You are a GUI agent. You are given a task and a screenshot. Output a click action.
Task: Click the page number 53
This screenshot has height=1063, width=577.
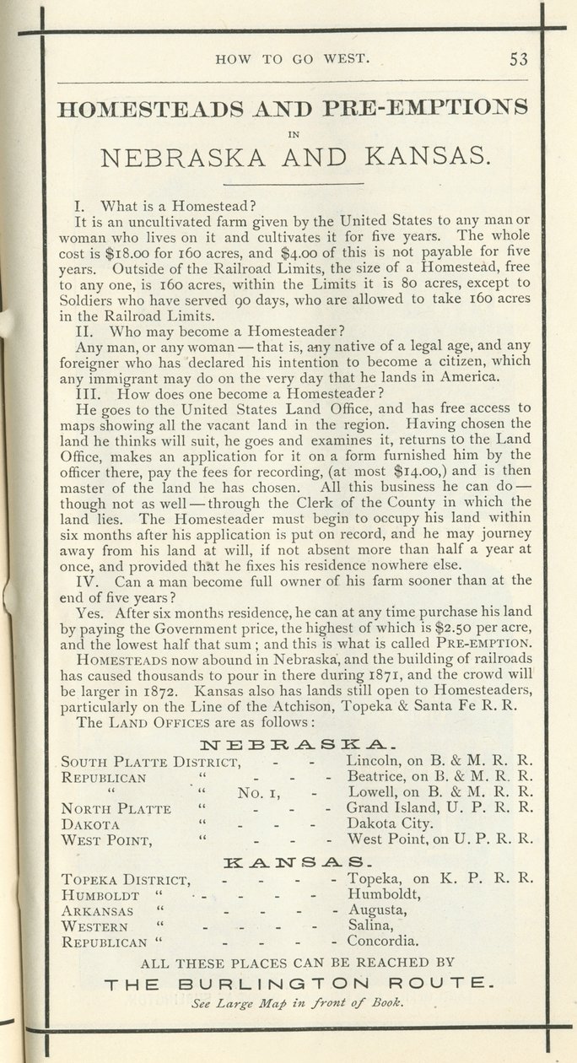pos(518,59)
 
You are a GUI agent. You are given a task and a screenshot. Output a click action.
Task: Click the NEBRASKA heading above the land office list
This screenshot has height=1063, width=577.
pos(291,745)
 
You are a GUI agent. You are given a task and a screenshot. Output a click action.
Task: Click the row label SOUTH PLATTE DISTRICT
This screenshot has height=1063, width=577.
pos(152,763)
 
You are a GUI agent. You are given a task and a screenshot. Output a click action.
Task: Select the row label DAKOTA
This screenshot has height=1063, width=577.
pos(91,824)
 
